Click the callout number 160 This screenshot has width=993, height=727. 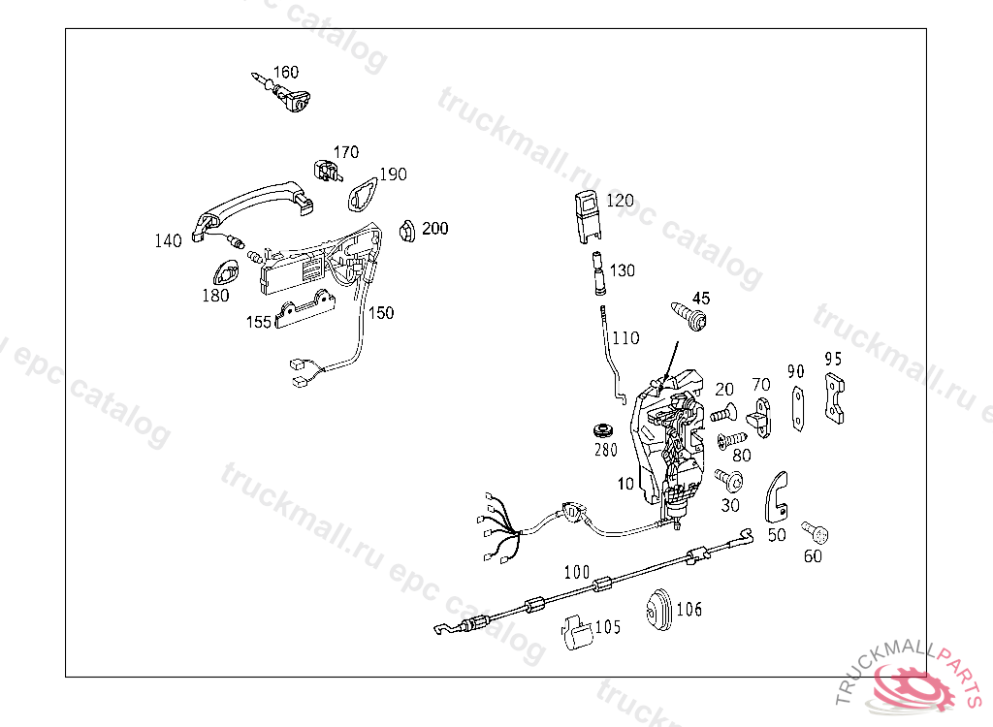tap(285, 73)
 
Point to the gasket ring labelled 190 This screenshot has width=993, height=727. tap(364, 195)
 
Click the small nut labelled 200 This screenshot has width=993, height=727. tap(407, 231)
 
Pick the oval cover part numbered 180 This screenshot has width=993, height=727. tap(229, 273)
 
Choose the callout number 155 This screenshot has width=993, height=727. tap(258, 322)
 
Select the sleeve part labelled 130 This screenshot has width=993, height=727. tap(597, 272)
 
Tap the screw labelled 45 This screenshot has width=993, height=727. tap(690, 316)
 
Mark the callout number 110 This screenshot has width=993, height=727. tap(625, 338)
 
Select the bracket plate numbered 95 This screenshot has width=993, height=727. tap(834, 399)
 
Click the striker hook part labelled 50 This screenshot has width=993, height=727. tap(777, 493)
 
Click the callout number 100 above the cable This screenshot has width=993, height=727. tap(576, 572)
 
